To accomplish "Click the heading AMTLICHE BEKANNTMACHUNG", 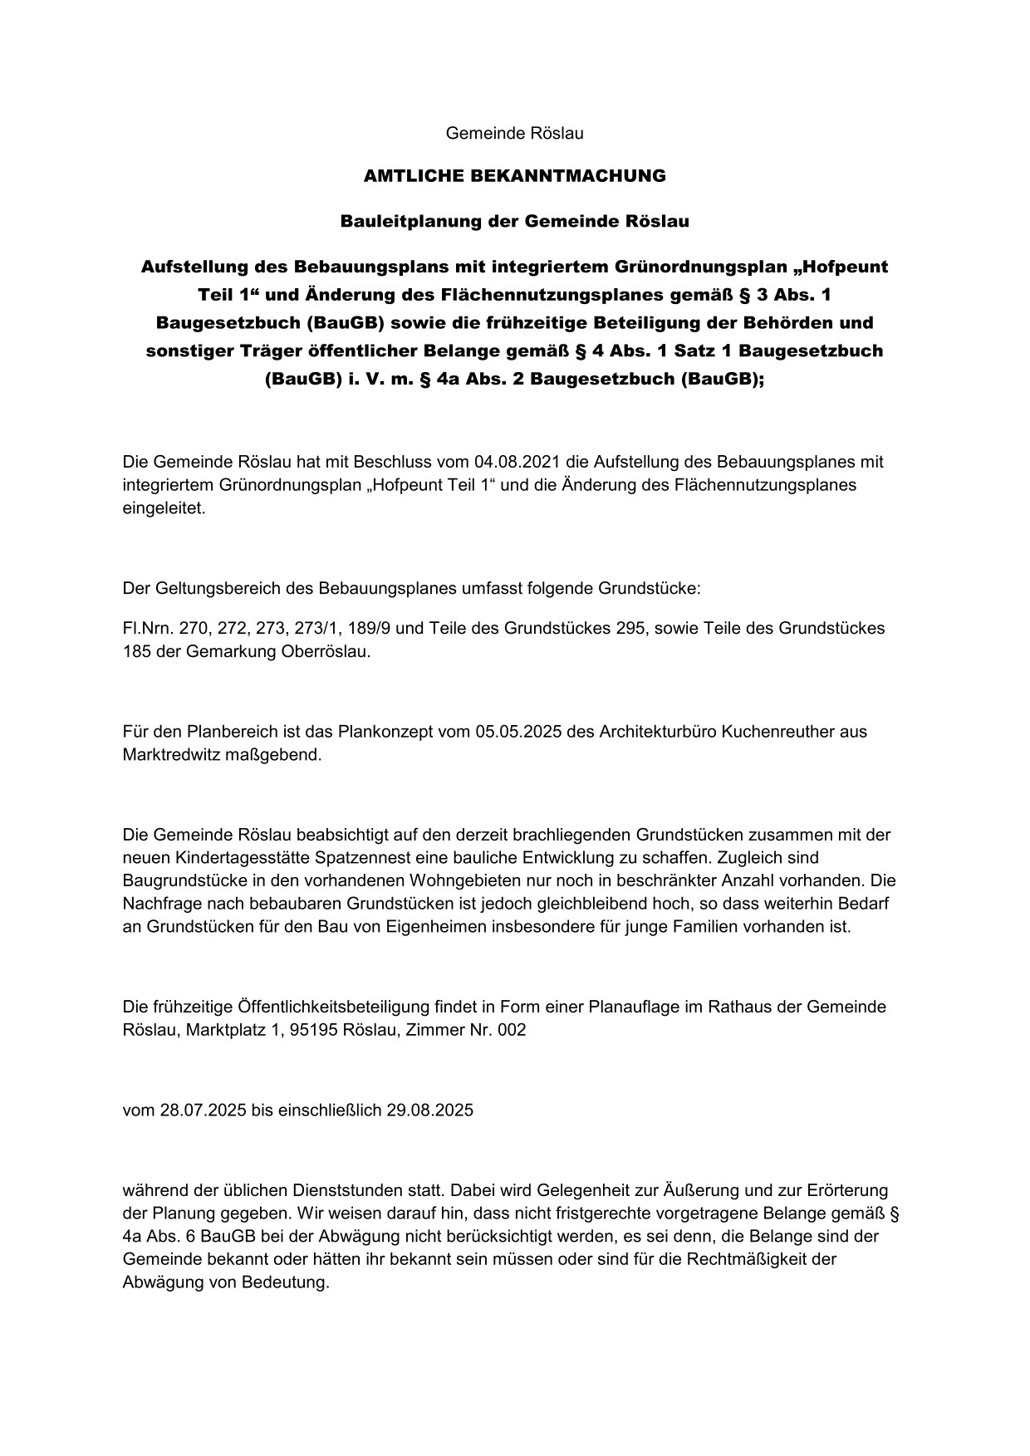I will tap(514, 176).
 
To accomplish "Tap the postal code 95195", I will tap(312, 1031).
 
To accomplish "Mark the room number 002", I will tap(509, 1031).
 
